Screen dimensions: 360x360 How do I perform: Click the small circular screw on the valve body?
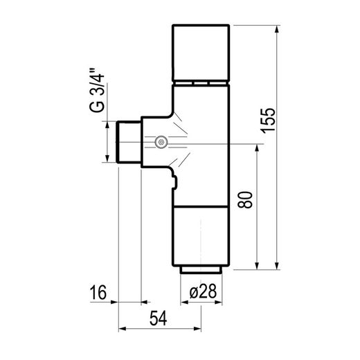click(x=161, y=143)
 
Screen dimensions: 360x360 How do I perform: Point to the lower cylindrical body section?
click(x=200, y=235)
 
